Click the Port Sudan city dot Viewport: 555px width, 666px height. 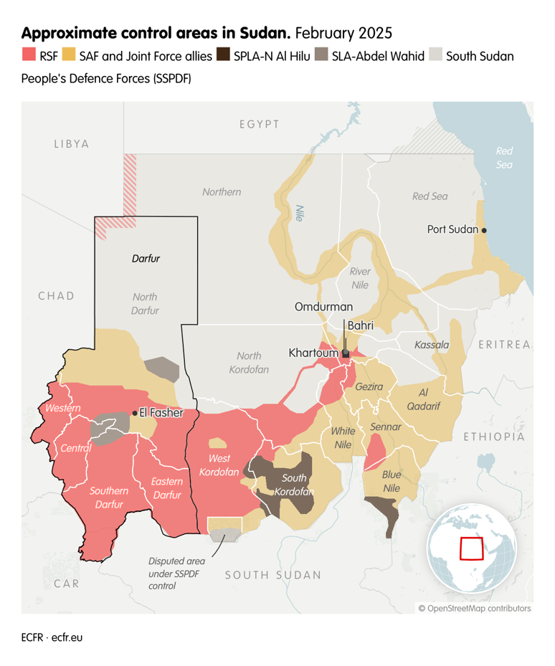click(x=484, y=230)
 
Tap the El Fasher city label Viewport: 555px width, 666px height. click(x=161, y=413)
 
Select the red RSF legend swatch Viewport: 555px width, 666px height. click(x=29, y=55)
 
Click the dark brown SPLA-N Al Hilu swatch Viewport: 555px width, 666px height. click(x=223, y=55)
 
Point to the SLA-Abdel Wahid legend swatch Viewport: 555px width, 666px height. click(x=321, y=55)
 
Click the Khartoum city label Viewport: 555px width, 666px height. click(x=313, y=353)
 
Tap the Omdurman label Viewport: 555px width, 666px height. click(x=323, y=307)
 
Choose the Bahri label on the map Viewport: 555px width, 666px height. click(x=361, y=325)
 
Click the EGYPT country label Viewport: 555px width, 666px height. click(x=260, y=125)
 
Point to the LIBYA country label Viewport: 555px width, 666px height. click(x=72, y=144)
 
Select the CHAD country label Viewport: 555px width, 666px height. click(x=57, y=295)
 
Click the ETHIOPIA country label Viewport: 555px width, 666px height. click(x=494, y=436)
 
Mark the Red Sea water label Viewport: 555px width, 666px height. click(x=505, y=158)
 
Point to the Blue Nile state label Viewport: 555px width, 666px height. click(x=391, y=481)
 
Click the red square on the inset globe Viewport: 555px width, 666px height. click(x=471, y=548)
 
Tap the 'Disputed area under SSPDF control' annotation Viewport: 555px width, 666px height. click(x=176, y=573)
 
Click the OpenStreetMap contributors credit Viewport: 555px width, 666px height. click(x=475, y=608)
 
